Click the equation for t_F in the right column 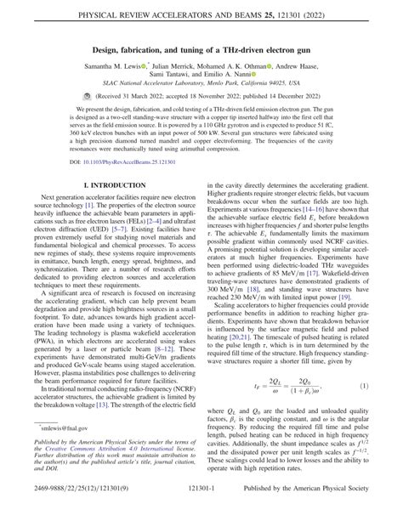(288, 385)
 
